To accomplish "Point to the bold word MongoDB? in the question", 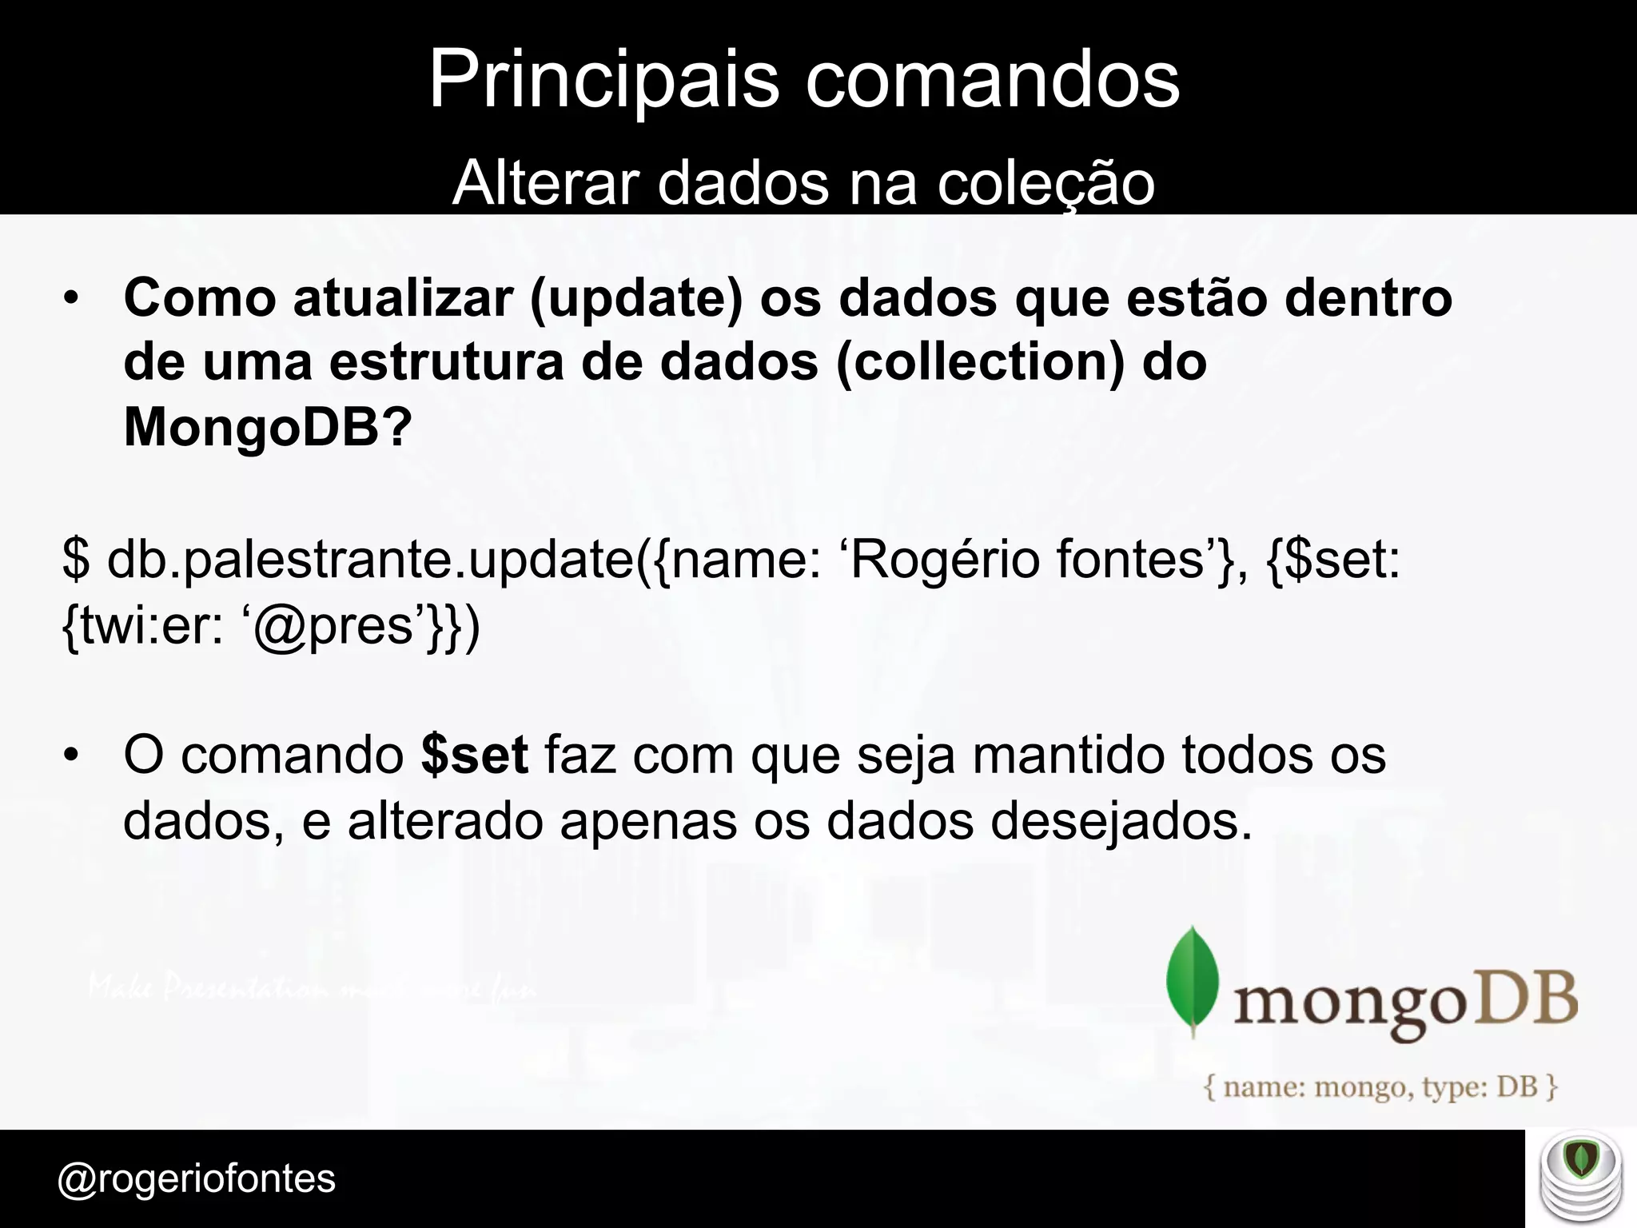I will tap(268, 427).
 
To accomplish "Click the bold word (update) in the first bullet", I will tap(635, 299).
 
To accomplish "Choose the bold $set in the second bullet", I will tap(474, 756).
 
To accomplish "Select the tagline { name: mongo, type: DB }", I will tap(1381, 1087).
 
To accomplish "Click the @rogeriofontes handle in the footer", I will tap(197, 1179).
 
